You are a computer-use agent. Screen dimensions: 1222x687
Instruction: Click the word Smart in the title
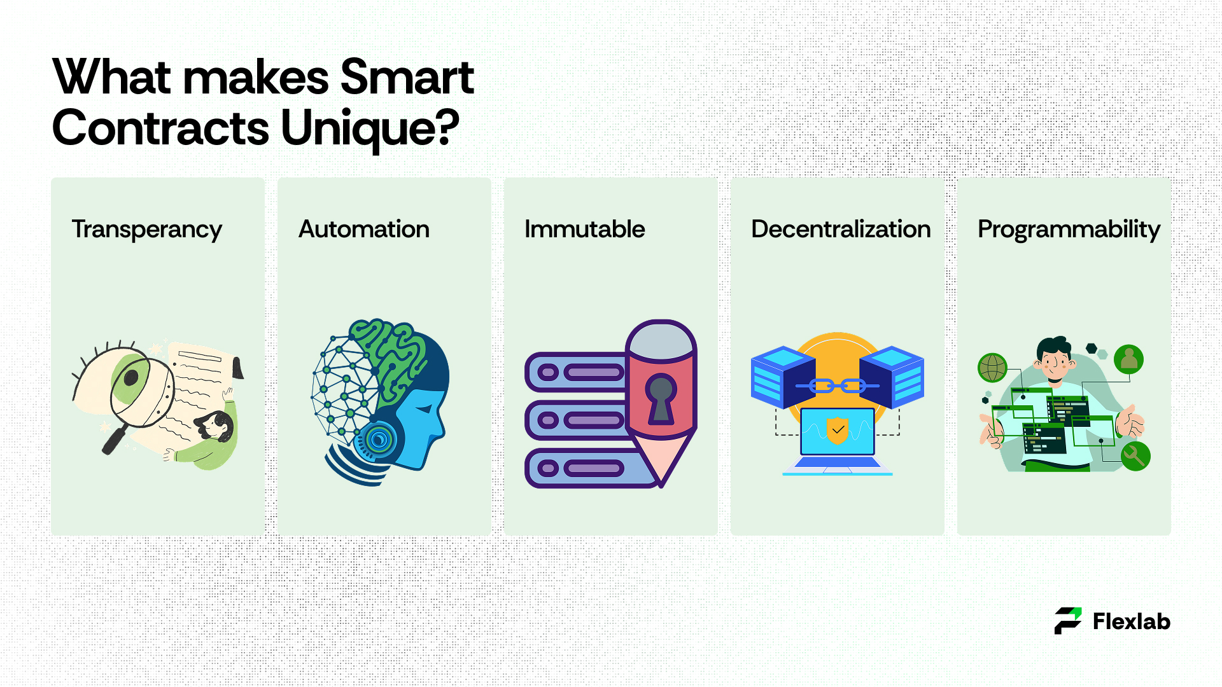pyautogui.click(x=407, y=77)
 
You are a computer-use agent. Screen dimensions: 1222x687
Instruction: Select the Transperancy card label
pyautogui.click(x=147, y=230)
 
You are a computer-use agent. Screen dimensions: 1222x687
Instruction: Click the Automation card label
pyautogui.click(x=364, y=229)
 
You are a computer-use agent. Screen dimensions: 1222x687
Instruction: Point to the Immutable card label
pyautogui.click(x=584, y=229)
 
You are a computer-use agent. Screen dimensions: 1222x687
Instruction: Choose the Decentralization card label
pyautogui.click(x=841, y=229)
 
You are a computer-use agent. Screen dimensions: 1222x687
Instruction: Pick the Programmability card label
pyautogui.click(x=1069, y=230)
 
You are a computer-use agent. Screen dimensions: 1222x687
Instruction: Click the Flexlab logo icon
pyautogui.click(x=1068, y=621)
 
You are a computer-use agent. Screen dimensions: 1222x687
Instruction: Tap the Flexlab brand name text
pyautogui.click(x=1132, y=621)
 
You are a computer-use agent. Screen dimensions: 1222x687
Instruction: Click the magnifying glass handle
pyautogui.click(x=115, y=440)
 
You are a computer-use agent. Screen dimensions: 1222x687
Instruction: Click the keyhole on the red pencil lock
pyautogui.click(x=661, y=398)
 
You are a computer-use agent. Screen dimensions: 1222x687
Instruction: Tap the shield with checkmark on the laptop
pyautogui.click(x=838, y=430)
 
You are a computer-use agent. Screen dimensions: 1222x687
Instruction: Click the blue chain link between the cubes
pyautogui.click(x=838, y=385)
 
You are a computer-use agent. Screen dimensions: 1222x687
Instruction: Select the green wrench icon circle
pyautogui.click(x=1135, y=456)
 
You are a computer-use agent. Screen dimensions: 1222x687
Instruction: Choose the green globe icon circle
pyautogui.click(x=992, y=367)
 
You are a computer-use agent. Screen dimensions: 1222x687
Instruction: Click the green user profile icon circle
pyautogui.click(x=1128, y=359)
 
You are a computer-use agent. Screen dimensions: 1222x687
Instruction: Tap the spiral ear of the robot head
pyautogui.click(x=379, y=439)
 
